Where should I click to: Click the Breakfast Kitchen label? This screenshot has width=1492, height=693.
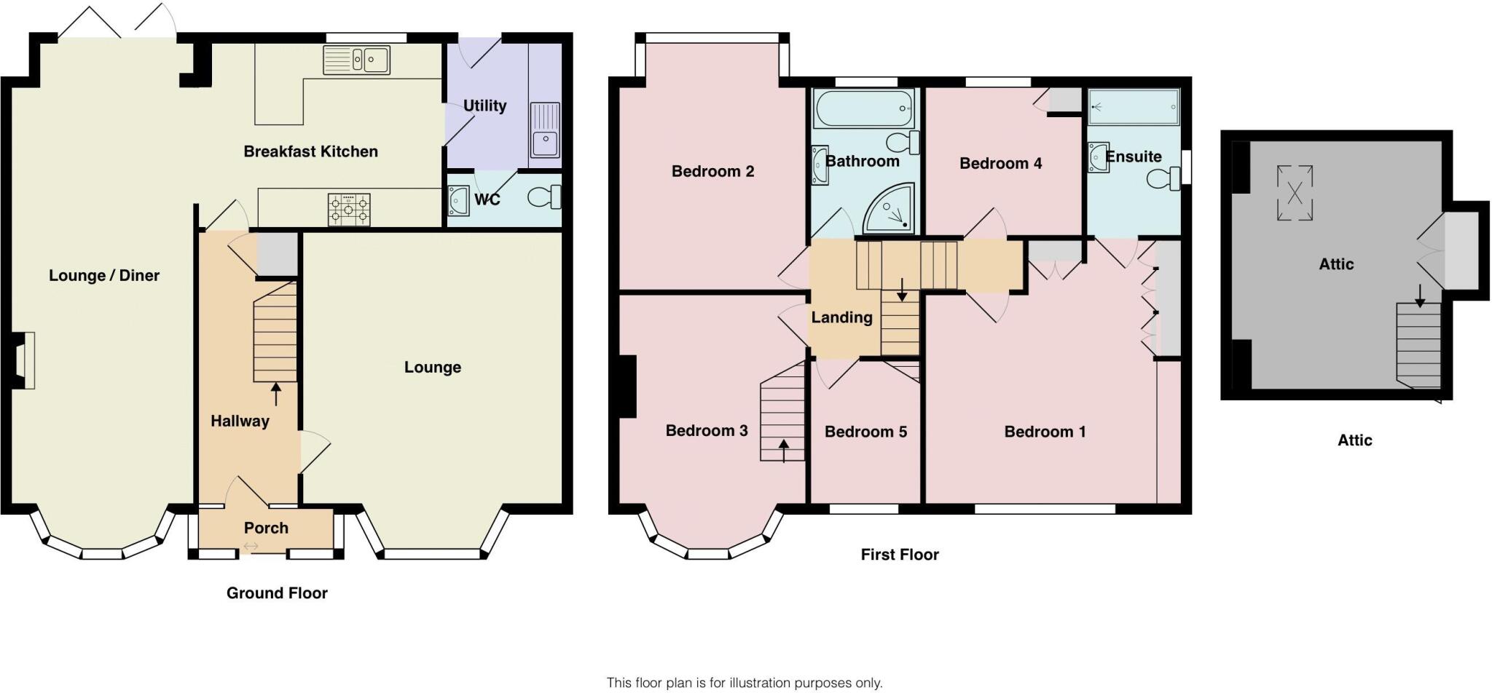coord(310,151)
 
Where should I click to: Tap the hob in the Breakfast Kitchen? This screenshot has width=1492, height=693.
coord(349,210)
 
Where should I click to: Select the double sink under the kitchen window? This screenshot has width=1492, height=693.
coord(356,60)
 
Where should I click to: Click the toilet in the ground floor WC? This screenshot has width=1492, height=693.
coord(545,197)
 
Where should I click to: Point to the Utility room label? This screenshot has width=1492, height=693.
coord(484,106)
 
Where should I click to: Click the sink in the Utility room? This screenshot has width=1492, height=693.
coord(545,130)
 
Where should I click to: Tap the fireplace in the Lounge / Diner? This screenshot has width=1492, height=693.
coord(24,360)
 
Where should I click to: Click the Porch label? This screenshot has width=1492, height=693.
coord(266,528)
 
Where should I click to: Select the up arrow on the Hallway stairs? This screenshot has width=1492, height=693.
coord(276,394)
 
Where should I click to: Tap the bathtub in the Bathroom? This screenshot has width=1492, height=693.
coord(864,109)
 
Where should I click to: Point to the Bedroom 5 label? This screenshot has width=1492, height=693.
coord(865,432)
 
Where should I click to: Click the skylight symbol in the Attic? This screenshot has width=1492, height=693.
coord(1295,193)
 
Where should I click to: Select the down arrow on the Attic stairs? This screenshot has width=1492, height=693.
coord(1419,295)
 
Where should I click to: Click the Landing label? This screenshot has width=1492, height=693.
coord(841,317)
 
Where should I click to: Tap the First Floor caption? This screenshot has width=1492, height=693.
coord(899,555)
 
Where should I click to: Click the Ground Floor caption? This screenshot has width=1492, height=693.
coord(277,593)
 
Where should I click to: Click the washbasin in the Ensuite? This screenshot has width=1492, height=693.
coord(1098,157)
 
